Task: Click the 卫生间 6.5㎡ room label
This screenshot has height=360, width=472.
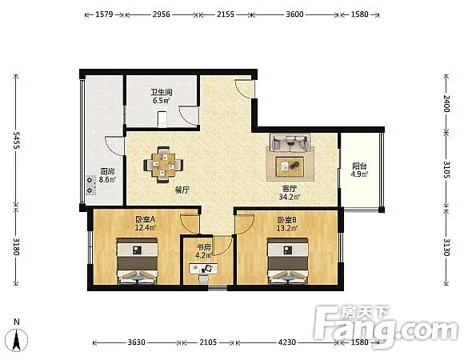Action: click(161, 96)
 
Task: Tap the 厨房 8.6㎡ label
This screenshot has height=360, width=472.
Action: click(107, 175)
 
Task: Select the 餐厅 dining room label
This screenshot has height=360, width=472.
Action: click(182, 190)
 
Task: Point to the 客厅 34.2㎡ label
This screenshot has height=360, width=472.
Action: click(289, 193)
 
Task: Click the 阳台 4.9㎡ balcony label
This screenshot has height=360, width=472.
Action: click(359, 170)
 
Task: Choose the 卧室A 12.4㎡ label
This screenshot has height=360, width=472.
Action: click(145, 223)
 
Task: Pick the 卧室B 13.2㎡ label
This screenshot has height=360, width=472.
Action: click(287, 224)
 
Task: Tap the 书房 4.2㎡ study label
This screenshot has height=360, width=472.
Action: click(203, 251)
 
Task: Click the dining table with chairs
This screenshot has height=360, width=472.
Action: click(163, 165)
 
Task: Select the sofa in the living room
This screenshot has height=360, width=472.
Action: click(290, 142)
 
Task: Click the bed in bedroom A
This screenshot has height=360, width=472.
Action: click(138, 261)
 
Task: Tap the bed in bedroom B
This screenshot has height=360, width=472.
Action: click(288, 261)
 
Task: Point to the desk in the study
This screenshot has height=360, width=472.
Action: click(203, 268)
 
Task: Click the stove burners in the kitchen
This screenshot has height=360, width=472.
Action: click(90, 185)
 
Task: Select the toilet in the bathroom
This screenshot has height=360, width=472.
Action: click(162, 119)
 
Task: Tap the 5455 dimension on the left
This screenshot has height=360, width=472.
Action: click(16, 140)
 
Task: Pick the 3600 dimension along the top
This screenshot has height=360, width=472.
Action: click(294, 14)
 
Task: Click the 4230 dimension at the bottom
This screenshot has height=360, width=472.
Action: click(287, 342)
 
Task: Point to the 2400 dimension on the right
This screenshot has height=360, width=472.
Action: click(446, 103)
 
